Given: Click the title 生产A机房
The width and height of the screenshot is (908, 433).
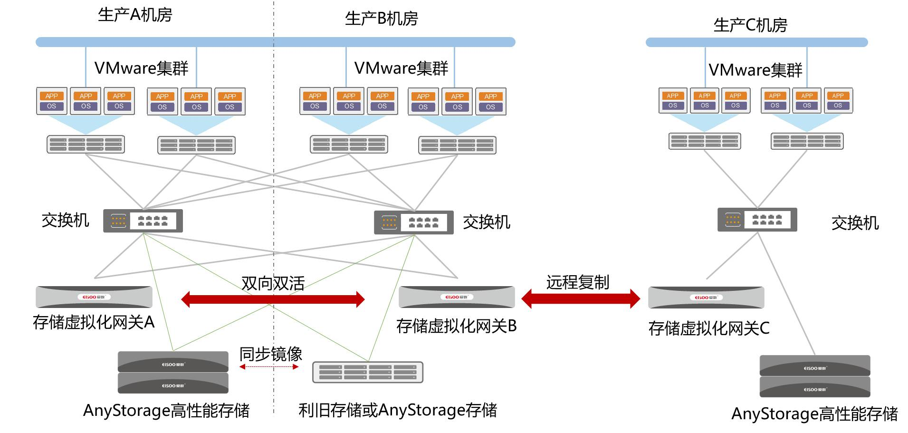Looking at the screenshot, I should [135, 15].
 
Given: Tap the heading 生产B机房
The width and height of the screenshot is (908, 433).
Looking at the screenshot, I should [382, 19].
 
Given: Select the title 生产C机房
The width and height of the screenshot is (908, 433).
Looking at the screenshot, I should [750, 25].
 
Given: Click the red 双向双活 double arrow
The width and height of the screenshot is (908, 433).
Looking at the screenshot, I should [273, 299].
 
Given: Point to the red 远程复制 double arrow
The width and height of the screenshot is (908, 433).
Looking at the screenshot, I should [581, 299].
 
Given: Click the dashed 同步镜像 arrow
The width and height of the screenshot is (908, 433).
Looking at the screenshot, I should [269, 367].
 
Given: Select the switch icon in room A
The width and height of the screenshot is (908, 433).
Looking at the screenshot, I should [143, 221].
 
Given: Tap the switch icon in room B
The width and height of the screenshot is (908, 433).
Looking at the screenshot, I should [413, 222].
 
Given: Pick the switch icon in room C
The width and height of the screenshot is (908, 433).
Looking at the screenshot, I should [757, 220].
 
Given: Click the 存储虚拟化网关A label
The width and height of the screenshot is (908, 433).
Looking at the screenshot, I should [94, 322].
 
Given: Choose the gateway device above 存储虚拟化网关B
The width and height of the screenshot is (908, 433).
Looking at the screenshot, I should [457, 297].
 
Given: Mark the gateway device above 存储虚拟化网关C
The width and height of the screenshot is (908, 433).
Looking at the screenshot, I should [706, 298].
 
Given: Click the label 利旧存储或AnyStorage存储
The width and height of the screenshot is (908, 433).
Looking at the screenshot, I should [398, 410].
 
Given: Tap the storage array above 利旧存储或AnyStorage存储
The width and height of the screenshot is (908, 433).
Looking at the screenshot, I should [367, 372].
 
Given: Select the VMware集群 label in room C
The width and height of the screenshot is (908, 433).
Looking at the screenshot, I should [755, 70].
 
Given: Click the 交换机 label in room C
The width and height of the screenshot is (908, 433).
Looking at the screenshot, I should [855, 222].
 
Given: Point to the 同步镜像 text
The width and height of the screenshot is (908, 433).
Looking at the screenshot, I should [271, 354].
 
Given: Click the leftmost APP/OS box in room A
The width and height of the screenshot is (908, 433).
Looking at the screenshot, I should [52, 101].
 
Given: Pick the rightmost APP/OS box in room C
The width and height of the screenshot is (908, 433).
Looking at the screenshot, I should [838, 100].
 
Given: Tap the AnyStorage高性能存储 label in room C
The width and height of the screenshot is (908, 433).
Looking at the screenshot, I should [814, 414].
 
